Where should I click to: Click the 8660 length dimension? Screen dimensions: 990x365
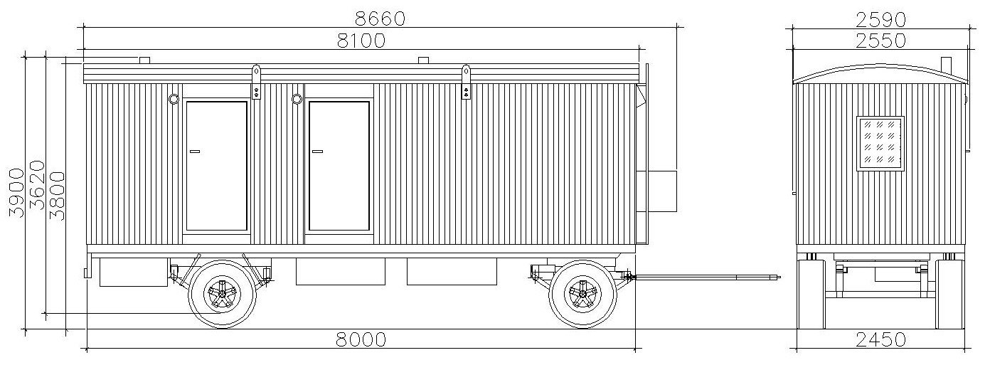pos(380,18)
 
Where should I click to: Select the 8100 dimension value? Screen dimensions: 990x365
pos(361,41)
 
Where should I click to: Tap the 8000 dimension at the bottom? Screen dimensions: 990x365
pos(361,339)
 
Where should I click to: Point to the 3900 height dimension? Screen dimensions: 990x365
pos(16,193)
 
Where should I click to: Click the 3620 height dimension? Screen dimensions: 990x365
pos(37,185)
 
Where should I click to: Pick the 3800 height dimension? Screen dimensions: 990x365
pos(57,196)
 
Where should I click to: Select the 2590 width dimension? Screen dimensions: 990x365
pos(881,20)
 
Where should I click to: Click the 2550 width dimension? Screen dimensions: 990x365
pos(881,41)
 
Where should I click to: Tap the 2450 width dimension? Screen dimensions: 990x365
pos(881,339)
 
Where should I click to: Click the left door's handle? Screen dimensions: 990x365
pos(194,152)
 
